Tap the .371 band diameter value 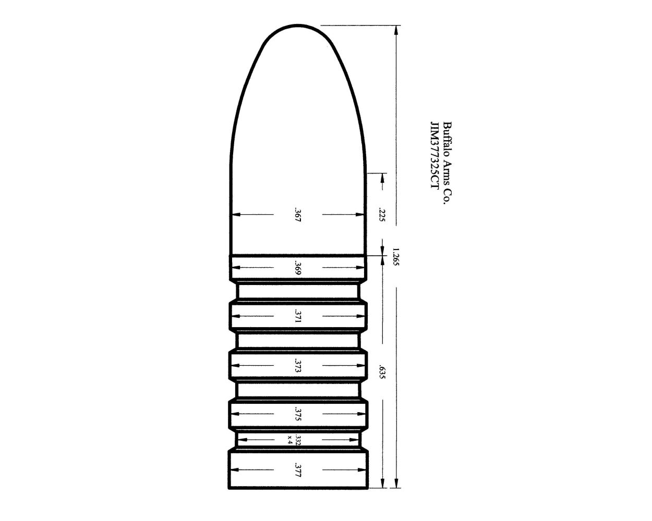298,316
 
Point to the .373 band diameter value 298,366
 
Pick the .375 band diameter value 298,415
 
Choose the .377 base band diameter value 298,470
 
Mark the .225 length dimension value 382,215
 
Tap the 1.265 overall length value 396,256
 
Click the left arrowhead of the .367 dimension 235,214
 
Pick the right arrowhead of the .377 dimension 364,470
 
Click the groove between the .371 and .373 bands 298,341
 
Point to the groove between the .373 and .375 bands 298,390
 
